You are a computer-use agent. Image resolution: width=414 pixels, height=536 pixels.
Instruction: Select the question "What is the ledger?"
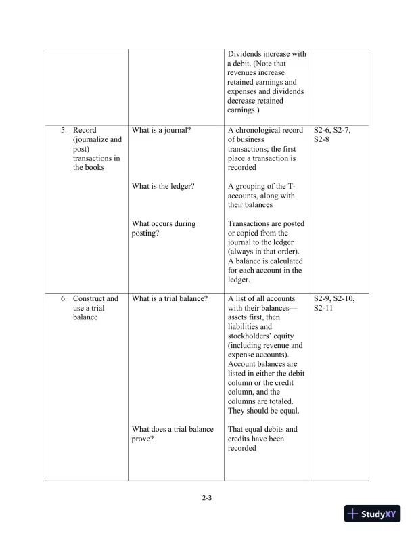click(x=163, y=186)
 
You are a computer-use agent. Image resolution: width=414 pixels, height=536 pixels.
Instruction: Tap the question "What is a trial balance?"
click(x=170, y=298)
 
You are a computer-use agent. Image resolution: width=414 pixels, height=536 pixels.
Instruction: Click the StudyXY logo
click(x=373, y=514)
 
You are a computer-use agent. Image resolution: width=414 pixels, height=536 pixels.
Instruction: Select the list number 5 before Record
click(x=63, y=131)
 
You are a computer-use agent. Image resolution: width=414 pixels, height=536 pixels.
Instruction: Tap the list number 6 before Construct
click(x=63, y=298)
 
